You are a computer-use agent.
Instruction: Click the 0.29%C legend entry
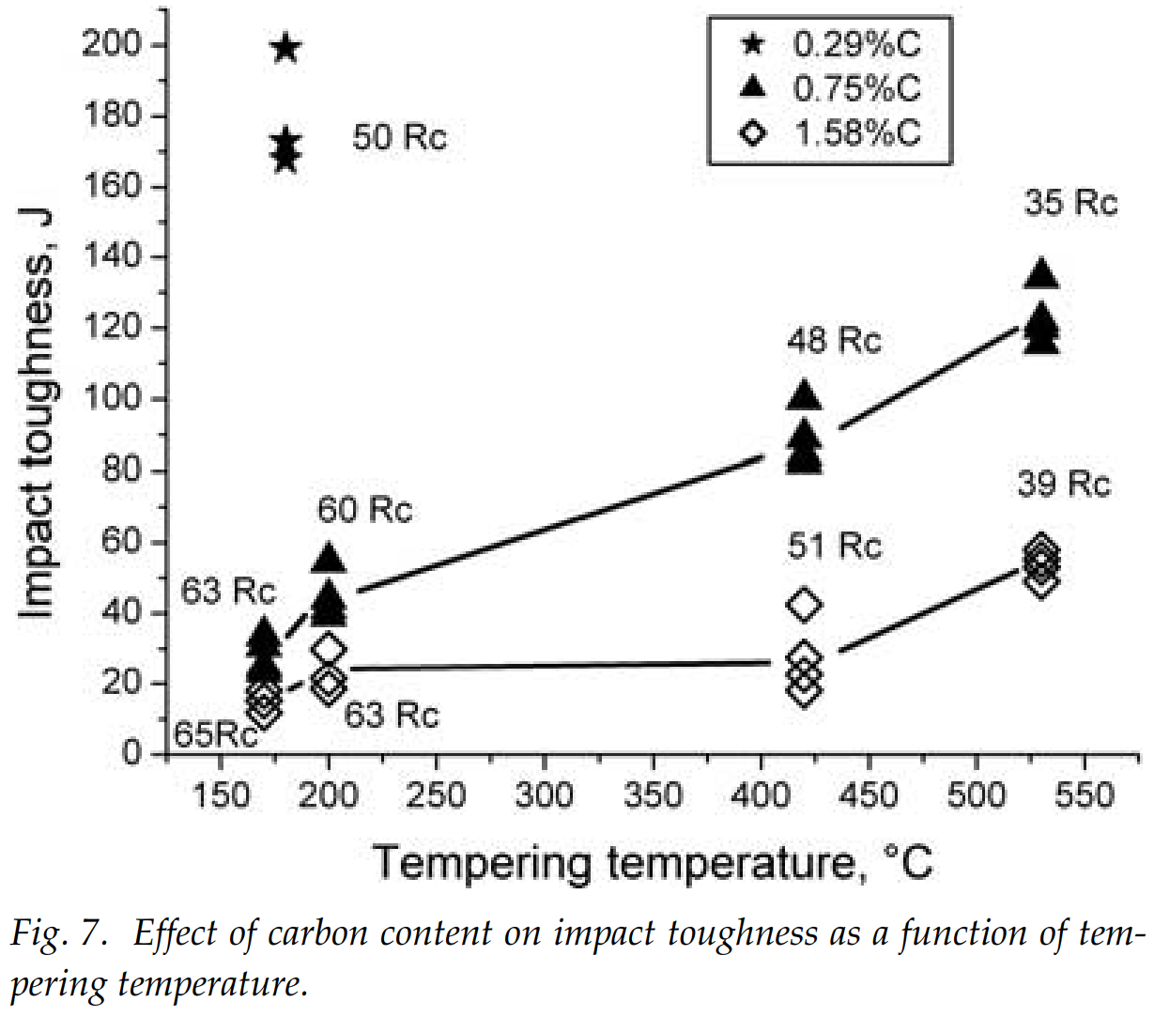coord(830,44)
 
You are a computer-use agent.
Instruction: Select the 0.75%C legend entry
coord(830,88)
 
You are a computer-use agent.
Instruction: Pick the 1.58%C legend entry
coord(830,132)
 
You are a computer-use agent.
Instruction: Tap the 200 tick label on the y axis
coord(111,45)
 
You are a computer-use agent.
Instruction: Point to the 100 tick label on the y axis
coord(111,399)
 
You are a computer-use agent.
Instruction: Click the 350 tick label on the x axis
coord(652,796)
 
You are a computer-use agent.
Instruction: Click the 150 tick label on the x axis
coord(221,796)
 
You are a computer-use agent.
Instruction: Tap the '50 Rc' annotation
coord(400,138)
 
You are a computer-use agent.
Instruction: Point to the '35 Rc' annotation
coord(1070,203)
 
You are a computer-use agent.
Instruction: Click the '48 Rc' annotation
coord(834,340)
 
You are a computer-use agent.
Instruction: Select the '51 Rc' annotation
coord(835,546)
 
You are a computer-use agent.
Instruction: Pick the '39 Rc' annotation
coord(1063,485)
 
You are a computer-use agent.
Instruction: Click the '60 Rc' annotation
coord(364,510)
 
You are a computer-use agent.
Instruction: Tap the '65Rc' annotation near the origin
coord(216,734)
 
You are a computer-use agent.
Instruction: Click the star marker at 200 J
coord(286,48)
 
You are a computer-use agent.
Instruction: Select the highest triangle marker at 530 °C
coord(1041,274)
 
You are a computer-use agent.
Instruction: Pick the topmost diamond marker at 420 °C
coord(804,605)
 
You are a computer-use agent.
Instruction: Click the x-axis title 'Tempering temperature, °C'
coord(653,862)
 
